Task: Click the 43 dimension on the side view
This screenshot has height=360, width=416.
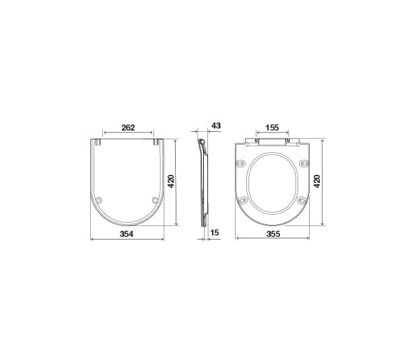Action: [x=216, y=126]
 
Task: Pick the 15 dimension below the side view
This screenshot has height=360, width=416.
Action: [x=215, y=233]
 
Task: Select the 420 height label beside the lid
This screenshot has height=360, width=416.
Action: [x=171, y=182]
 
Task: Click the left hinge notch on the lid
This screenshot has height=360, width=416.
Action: [x=98, y=142]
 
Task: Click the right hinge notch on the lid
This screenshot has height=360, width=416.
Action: [x=158, y=142]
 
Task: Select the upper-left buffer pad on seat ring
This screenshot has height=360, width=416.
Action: [x=240, y=164]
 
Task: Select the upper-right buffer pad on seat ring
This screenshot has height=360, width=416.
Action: [x=304, y=164]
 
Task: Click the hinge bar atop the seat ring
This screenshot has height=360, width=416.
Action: [x=273, y=142]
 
